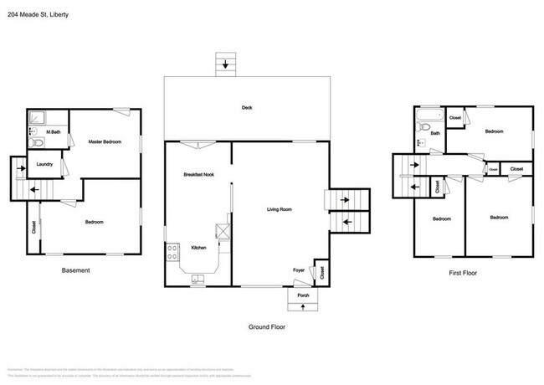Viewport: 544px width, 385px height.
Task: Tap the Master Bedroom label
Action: click(x=105, y=142)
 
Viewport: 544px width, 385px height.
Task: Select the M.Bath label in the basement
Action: click(x=53, y=132)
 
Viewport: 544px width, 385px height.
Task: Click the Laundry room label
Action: click(x=45, y=164)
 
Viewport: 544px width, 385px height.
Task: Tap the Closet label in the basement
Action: click(x=34, y=226)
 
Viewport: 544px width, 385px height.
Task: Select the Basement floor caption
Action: click(x=75, y=270)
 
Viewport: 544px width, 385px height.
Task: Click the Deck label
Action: click(x=247, y=108)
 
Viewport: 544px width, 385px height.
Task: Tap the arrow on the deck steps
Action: click(x=224, y=64)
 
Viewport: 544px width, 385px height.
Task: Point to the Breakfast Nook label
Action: click(x=199, y=174)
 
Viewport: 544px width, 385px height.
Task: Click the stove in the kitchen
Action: click(x=172, y=251)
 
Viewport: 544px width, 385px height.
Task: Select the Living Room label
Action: click(x=279, y=208)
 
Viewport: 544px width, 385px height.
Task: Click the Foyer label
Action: click(x=298, y=269)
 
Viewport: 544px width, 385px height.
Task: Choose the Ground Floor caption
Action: click(x=267, y=326)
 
